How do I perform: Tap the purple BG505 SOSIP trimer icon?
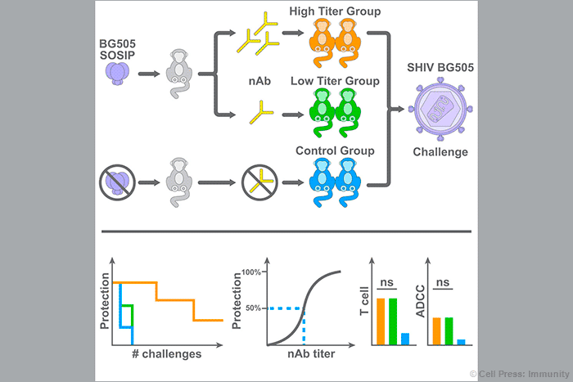120,74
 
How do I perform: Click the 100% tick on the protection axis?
250,272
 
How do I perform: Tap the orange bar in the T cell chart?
381,321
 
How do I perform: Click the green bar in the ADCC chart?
448,330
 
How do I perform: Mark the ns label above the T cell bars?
388,283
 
